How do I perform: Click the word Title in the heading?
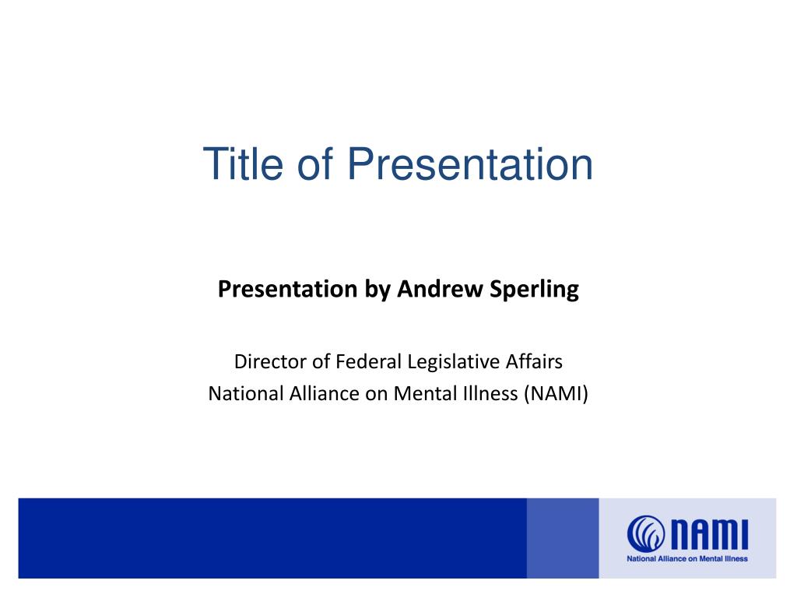243,164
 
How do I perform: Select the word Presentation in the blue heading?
470,164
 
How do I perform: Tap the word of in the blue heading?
315,164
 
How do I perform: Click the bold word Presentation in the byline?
288,289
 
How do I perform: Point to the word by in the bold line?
377,290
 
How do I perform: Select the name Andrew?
441,289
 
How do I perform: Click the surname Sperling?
534,290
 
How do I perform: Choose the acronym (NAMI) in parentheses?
556,394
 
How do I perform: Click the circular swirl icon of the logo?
645,533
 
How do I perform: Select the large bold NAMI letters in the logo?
710,534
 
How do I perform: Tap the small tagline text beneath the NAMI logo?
687,559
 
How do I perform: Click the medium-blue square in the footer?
563,538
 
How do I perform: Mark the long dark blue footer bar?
272,538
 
